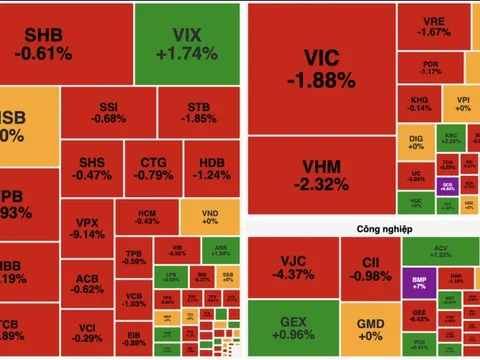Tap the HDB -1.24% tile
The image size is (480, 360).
[x=212, y=168]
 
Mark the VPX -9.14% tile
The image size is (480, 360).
[x=88, y=228]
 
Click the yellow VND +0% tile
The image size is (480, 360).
[x=209, y=219]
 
